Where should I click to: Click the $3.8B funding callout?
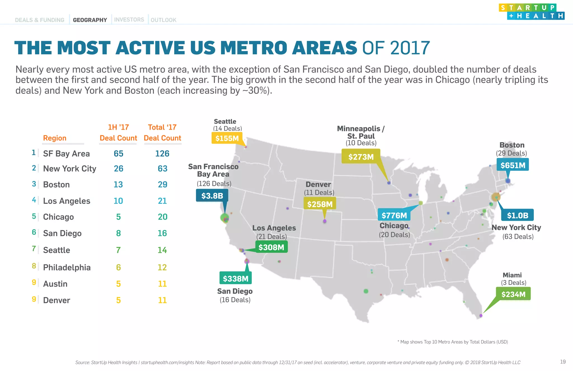(x=212, y=195)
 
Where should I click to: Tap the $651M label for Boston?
(x=513, y=165)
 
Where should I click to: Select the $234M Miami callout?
(x=513, y=294)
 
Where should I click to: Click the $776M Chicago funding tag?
(x=394, y=215)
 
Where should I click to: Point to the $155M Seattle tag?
(x=227, y=138)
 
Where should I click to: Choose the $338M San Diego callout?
(x=236, y=279)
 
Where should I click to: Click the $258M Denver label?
(x=320, y=204)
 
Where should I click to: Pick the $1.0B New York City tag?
(x=517, y=215)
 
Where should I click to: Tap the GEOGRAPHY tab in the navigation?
(x=90, y=20)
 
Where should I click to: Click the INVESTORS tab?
(x=129, y=20)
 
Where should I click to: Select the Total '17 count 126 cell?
(x=162, y=153)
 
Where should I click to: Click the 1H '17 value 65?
(x=118, y=153)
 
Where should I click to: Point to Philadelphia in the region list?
(x=67, y=267)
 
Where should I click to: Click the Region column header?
(x=55, y=138)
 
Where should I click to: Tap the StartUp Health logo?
(x=531, y=12)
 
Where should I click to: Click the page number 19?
(x=563, y=362)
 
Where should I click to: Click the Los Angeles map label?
(x=274, y=228)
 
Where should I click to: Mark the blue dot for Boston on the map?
(x=508, y=181)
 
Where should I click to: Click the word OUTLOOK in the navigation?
(x=163, y=20)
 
